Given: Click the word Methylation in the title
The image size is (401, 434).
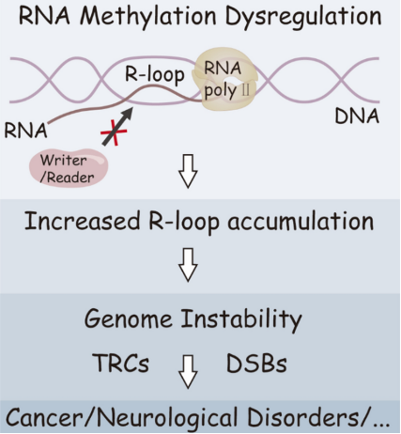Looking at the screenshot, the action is (148, 16).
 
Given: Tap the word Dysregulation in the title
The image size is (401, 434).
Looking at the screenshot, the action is (303, 17).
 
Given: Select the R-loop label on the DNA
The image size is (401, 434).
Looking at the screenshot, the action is (155, 74).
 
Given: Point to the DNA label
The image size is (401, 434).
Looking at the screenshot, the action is (357, 116).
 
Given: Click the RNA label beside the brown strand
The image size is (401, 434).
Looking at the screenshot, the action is (25, 130).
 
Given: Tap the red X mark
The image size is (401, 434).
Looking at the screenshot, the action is (114, 132).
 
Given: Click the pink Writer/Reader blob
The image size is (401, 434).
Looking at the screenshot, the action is (69, 168).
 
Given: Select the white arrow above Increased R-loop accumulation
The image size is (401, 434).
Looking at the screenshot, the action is (188, 171).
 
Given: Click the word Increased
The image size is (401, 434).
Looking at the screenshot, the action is (83, 221).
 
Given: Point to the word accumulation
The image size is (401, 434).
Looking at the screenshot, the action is (301, 222).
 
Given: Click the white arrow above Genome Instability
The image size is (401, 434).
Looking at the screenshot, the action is (188, 265).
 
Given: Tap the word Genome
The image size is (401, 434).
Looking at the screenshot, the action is (129, 319).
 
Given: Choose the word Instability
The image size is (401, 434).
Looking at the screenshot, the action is (241, 319).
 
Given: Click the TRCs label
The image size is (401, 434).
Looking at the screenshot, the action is (121, 364).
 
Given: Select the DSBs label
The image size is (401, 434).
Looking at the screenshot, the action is (256, 364).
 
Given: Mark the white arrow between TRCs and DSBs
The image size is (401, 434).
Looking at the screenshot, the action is (188, 372).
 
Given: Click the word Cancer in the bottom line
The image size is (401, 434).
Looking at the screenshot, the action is (44, 418).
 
